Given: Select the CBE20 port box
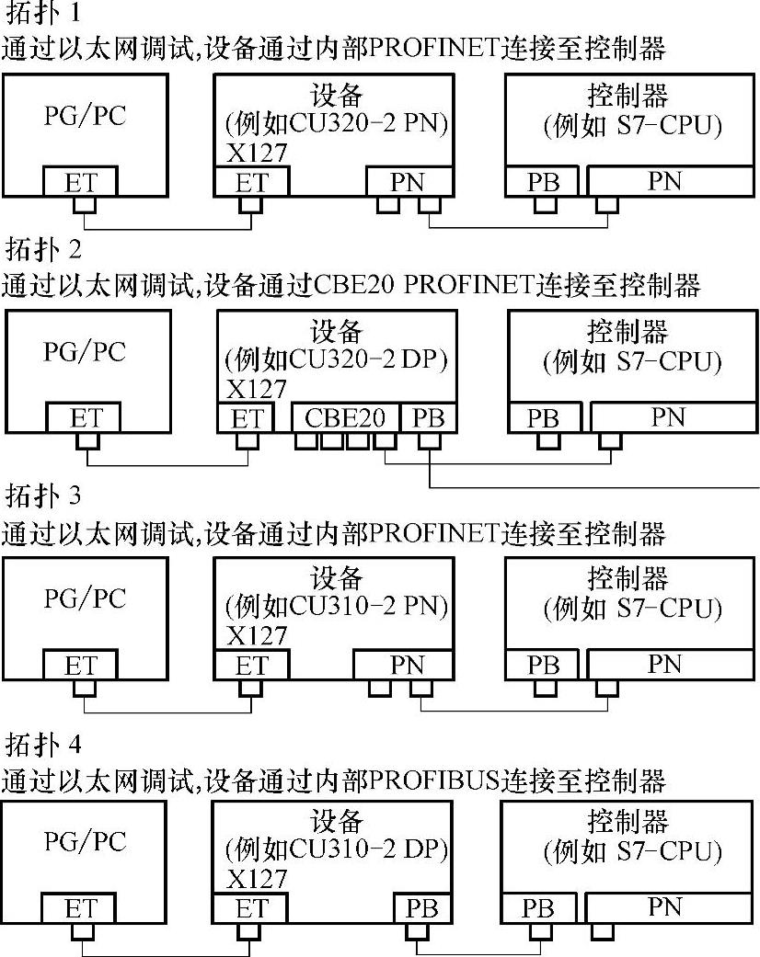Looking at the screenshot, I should (345, 417).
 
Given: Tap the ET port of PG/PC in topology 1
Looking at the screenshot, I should (80, 181).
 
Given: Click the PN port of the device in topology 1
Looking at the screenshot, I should (408, 182).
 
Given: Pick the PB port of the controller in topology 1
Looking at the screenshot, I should (543, 182).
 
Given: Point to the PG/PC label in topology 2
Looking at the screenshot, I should (85, 352).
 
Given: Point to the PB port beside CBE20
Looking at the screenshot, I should (429, 418).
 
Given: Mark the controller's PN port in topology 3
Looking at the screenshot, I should (665, 664).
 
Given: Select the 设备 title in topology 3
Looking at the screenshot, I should (336, 579).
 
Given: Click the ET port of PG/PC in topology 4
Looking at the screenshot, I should (80, 909).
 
